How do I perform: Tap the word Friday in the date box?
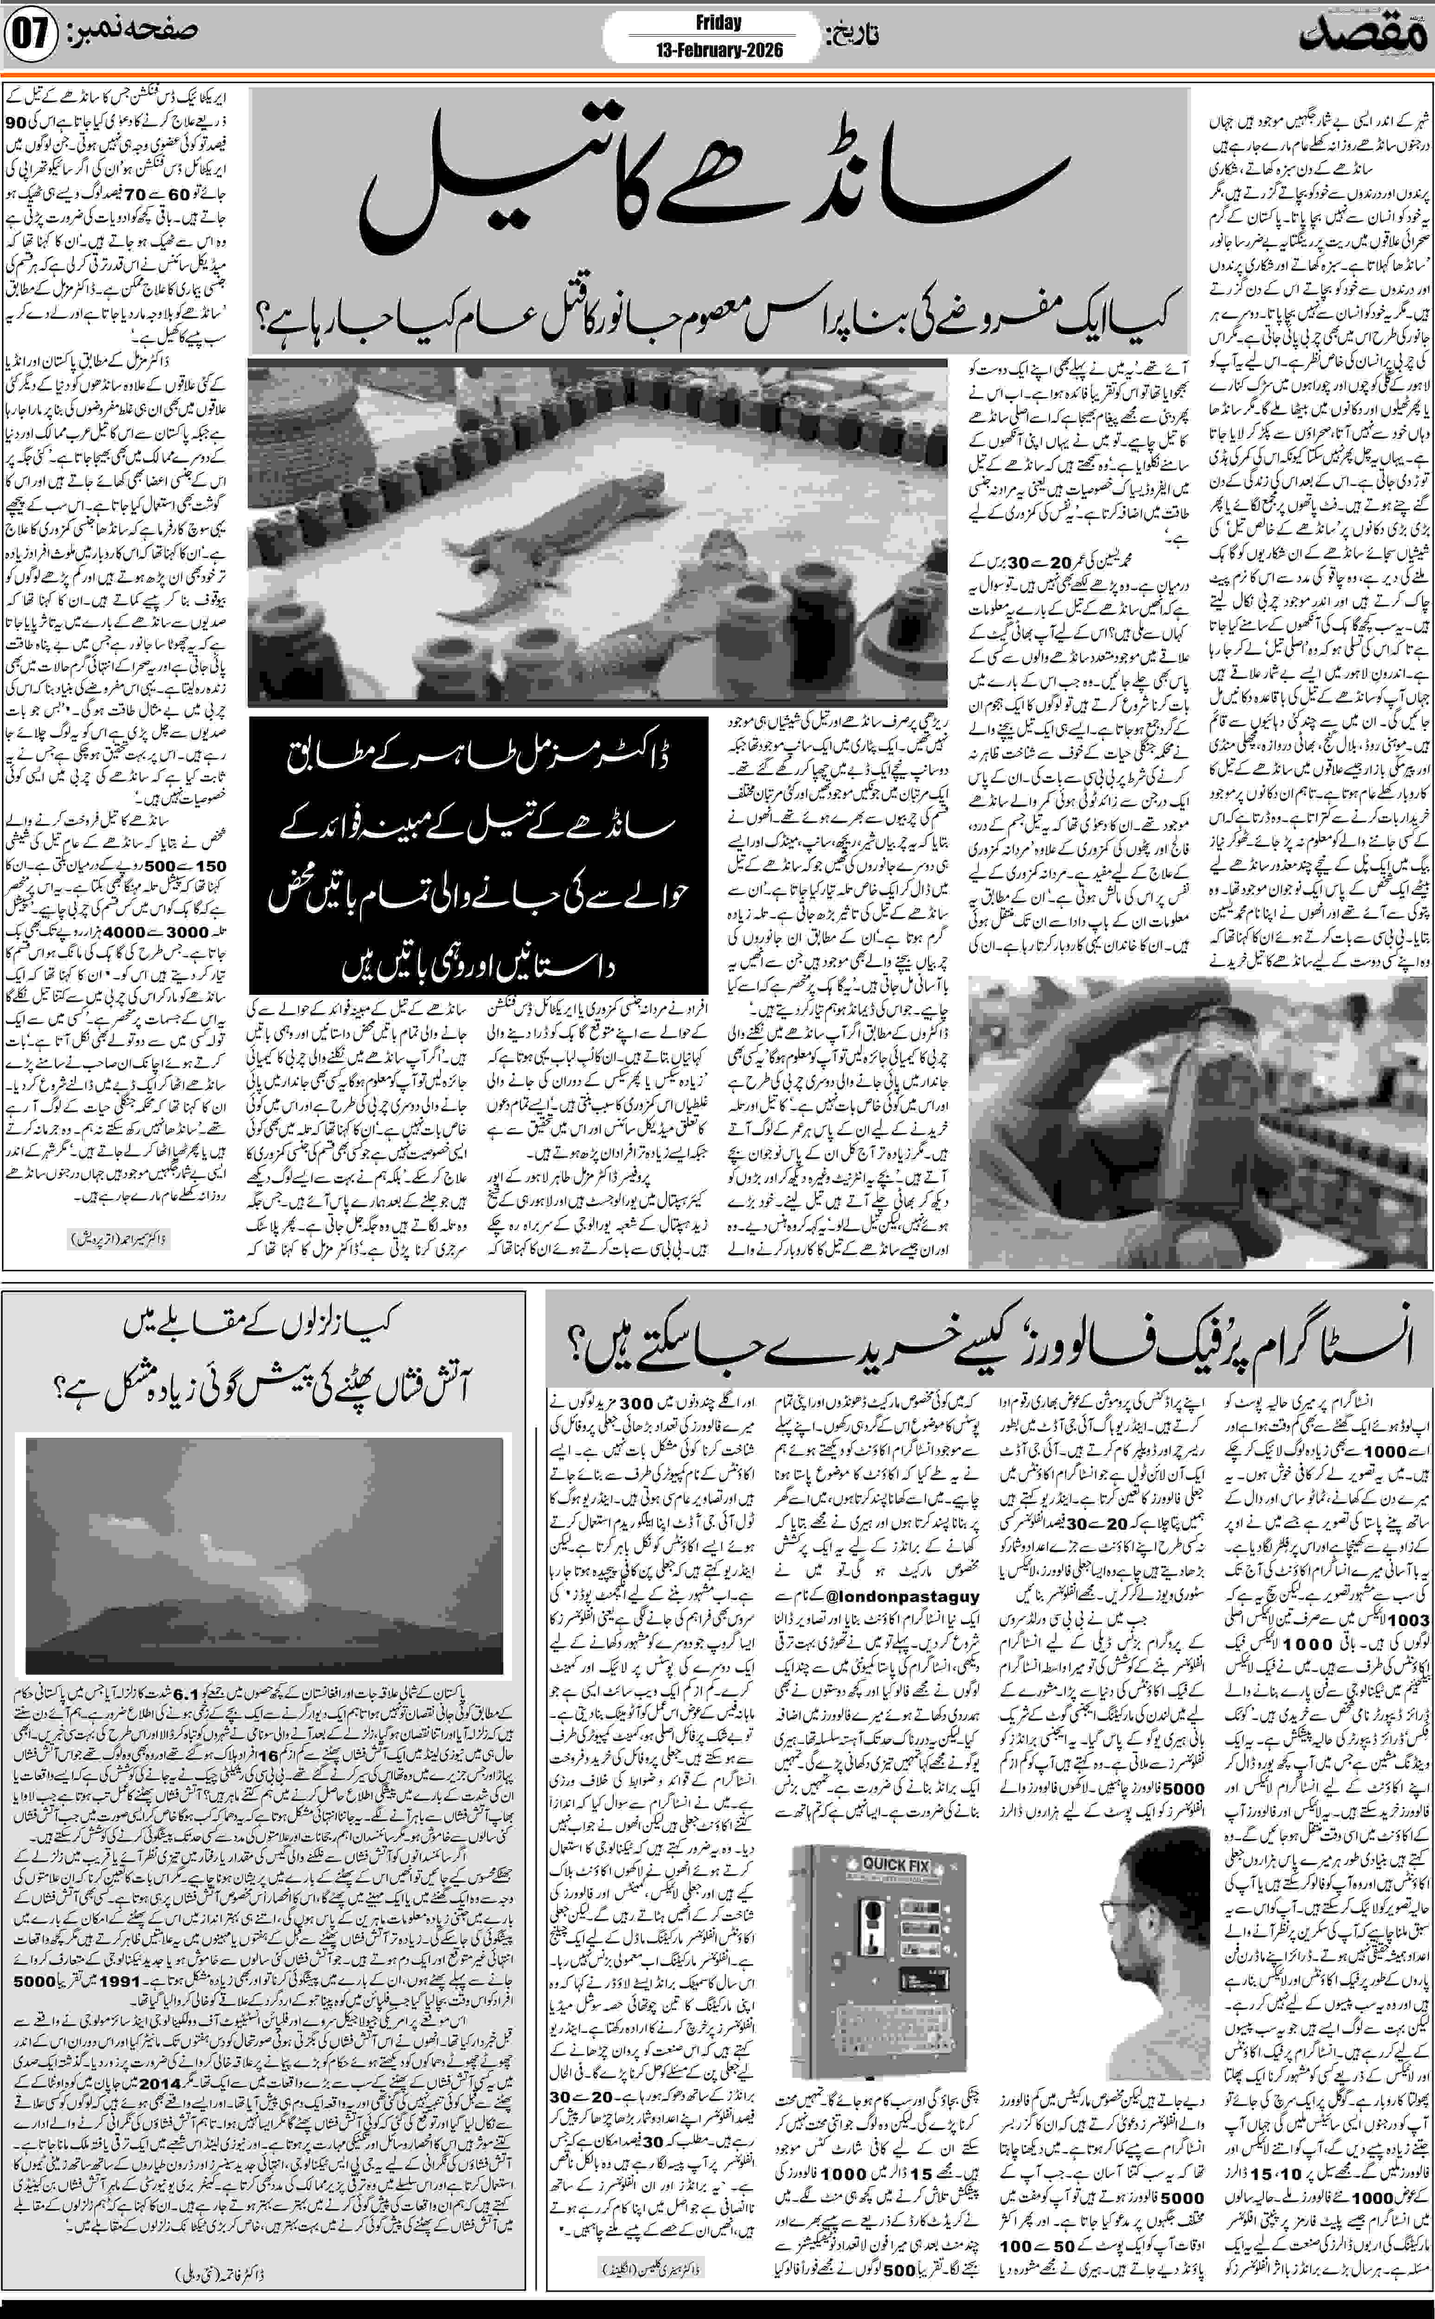point(717,23)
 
